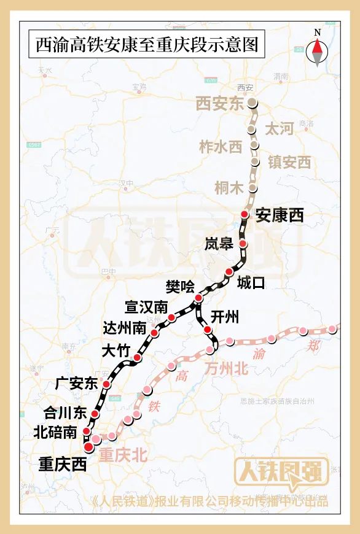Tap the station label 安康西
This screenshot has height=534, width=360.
tap(280, 215)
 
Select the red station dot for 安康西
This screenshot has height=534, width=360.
tap(245, 214)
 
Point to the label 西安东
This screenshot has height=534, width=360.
tap(220, 104)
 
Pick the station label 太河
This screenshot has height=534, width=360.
tap(278, 129)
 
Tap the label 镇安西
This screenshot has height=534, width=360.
tap(289, 162)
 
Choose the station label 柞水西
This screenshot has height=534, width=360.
tap(221, 147)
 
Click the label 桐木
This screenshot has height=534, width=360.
tap(229, 188)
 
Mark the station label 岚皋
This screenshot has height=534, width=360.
tap(219, 244)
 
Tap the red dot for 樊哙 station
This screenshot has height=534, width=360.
tap(198, 298)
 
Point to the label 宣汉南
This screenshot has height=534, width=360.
tap(146, 306)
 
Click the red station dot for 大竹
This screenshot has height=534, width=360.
tap(138, 358)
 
